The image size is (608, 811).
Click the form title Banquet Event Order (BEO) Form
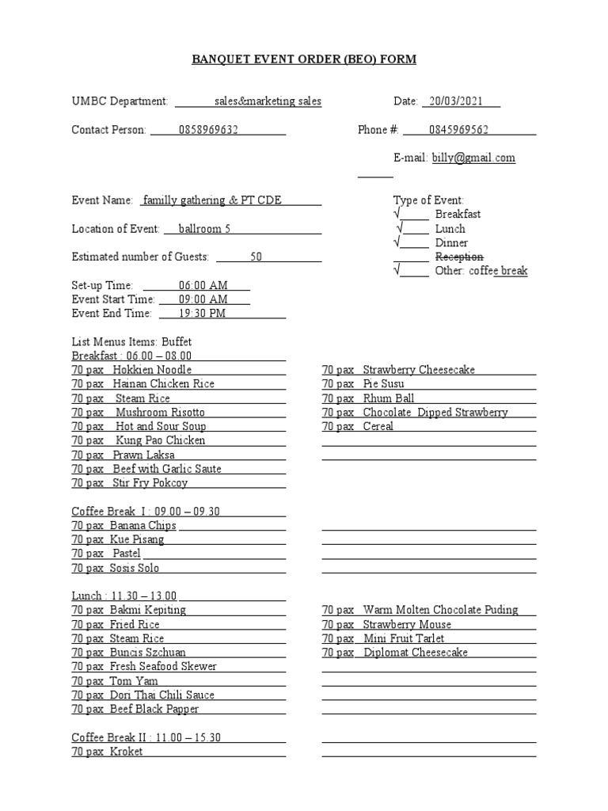(x=305, y=59)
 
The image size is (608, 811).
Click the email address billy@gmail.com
(x=473, y=158)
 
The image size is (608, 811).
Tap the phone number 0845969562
(x=458, y=130)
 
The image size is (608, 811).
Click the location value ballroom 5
(x=204, y=229)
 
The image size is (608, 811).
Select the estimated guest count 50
(x=256, y=257)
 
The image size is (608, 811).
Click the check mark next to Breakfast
(x=397, y=214)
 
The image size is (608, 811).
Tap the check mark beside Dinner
(x=397, y=242)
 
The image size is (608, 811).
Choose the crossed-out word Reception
(x=459, y=257)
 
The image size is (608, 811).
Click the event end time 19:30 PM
(x=202, y=313)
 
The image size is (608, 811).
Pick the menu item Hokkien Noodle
(x=152, y=369)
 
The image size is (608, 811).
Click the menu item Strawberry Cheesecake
(x=419, y=369)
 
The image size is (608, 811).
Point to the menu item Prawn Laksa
(x=143, y=455)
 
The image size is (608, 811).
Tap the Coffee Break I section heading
(x=146, y=511)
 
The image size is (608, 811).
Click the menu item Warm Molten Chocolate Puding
(x=440, y=610)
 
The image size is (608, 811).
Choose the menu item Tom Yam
(x=134, y=680)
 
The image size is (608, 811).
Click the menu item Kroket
(x=126, y=752)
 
